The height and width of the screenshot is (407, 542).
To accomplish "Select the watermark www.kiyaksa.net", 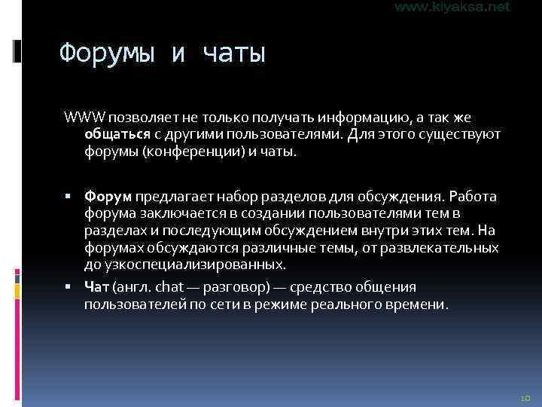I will point(452,7).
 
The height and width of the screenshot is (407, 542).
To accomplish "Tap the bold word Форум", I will point(108,197).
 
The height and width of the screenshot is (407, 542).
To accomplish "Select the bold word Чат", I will point(97,287).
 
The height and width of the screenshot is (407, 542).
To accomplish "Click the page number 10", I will point(525,396).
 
